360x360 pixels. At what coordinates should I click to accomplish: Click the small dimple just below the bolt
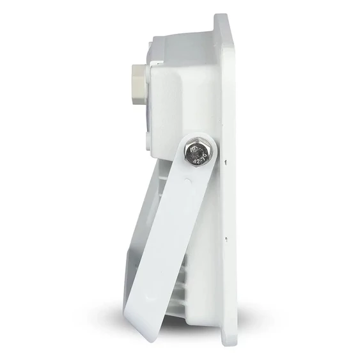pos(187,181)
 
